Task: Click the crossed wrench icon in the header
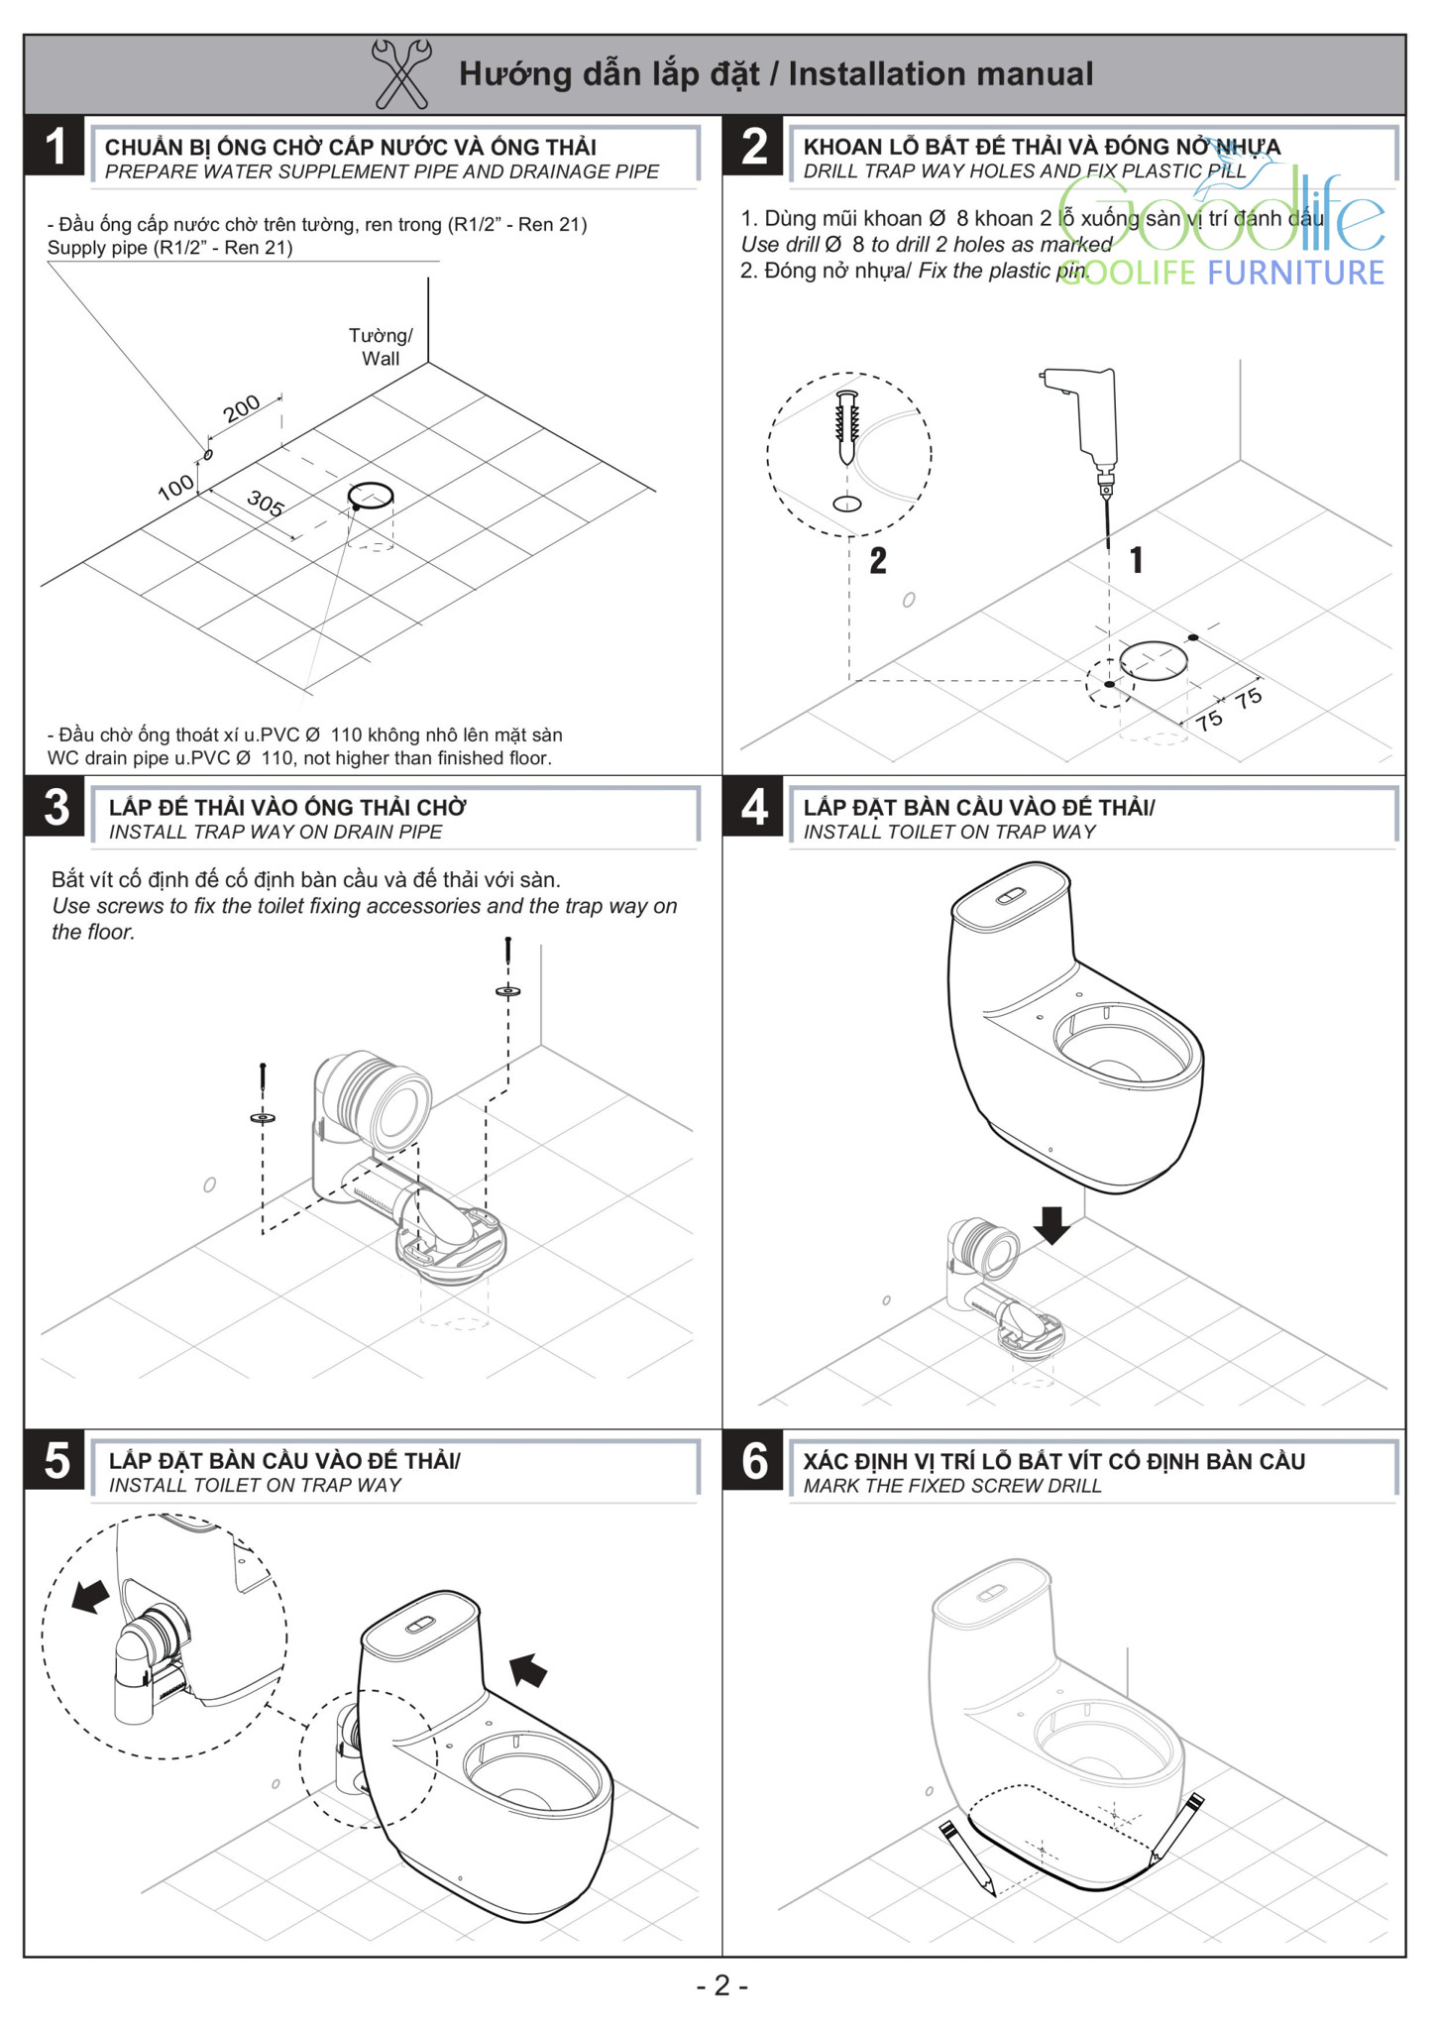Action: point(400,73)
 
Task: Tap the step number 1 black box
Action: point(55,146)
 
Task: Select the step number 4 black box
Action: point(754,807)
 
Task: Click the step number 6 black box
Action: point(754,1460)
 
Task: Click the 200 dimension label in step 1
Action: point(241,407)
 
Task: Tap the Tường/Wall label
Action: point(381,347)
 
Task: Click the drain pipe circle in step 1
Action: point(371,495)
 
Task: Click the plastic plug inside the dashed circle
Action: point(847,426)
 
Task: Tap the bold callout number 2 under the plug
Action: point(877,561)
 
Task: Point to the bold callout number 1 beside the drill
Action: point(1136,561)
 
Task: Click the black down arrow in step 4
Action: point(1051,1225)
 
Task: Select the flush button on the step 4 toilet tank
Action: point(1008,896)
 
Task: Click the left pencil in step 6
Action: point(965,1858)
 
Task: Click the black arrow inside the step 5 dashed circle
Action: point(90,1596)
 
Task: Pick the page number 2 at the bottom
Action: point(721,1985)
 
